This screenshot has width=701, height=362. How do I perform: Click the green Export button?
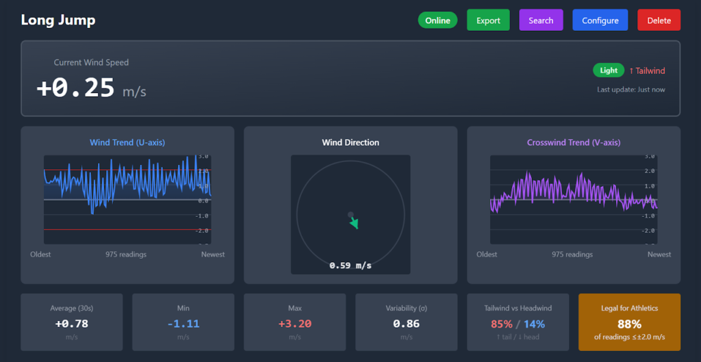(x=488, y=21)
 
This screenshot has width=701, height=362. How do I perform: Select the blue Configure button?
(x=600, y=21)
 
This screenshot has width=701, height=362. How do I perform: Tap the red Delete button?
(x=659, y=21)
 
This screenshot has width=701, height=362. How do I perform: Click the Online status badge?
(x=437, y=21)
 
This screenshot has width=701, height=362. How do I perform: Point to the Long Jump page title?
(x=58, y=20)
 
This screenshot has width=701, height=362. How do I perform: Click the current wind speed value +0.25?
(x=75, y=88)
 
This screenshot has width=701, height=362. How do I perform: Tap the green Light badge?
(x=609, y=70)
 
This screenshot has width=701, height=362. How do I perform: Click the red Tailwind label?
(x=647, y=70)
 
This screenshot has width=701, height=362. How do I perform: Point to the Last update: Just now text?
(x=630, y=90)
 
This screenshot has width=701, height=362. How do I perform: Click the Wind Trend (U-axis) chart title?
(x=127, y=142)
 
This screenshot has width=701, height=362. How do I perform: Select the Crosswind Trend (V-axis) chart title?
(x=574, y=142)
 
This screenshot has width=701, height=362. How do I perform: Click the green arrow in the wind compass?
(x=354, y=222)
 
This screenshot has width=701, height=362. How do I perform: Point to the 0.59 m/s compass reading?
(x=350, y=266)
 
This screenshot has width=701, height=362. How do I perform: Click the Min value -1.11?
(x=183, y=324)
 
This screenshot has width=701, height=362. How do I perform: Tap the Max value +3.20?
(x=294, y=324)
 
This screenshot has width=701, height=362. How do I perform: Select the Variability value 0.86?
(x=406, y=324)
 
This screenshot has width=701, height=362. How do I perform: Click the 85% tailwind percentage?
(x=501, y=324)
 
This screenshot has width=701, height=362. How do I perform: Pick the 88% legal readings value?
(x=629, y=324)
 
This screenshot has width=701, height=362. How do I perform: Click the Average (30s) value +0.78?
(x=71, y=324)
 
